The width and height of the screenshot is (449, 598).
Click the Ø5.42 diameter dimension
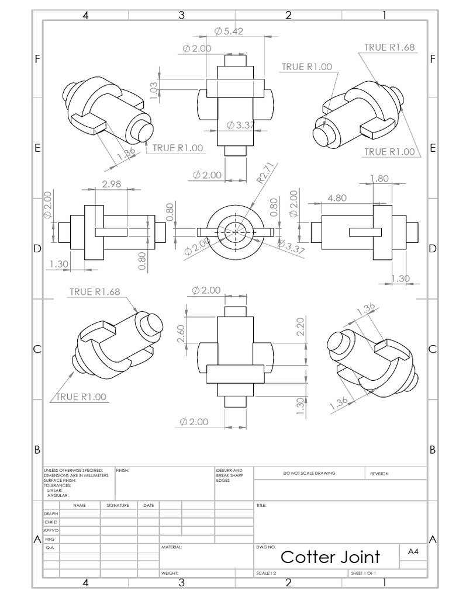click(230, 31)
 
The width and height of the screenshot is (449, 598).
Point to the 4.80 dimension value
click(337, 198)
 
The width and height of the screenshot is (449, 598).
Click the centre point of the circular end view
click(236, 231)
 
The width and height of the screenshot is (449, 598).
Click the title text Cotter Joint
click(330, 557)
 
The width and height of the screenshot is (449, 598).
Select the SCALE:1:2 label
click(266, 573)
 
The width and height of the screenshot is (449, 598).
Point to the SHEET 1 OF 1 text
click(363, 573)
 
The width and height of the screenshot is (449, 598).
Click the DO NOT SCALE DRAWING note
click(309, 473)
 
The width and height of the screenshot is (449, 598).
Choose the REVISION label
click(379, 474)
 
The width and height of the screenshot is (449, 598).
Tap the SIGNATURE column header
click(118, 505)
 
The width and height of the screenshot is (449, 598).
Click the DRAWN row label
click(51, 513)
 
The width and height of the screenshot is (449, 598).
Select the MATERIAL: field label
click(172, 548)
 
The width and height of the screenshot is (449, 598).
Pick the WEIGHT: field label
click(170, 573)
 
